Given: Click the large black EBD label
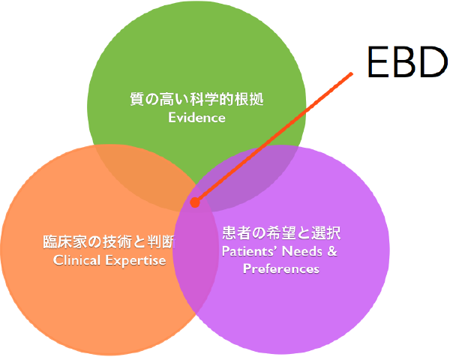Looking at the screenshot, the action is (x=407, y=62).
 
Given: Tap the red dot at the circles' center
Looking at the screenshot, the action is (x=195, y=202).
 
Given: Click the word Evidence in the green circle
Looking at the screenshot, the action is (x=196, y=118).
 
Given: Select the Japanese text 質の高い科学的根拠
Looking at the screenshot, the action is (x=196, y=99).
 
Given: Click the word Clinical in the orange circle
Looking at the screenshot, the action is (x=76, y=260).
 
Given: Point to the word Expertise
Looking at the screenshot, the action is (x=136, y=261).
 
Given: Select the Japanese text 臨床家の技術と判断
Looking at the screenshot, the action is (x=109, y=241).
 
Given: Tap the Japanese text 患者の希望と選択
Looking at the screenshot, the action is (x=281, y=232).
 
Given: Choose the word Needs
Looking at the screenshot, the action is (x=302, y=251).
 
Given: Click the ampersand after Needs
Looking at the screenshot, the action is (x=332, y=251).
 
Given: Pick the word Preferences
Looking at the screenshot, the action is (x=281, y=269).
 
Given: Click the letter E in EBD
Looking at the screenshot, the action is (x=377, y=62).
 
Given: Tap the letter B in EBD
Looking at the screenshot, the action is (x=404, y=62).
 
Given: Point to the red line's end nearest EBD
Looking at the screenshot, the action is (x=352, y=73).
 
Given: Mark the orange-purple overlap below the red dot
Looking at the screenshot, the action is (x=196, y=258).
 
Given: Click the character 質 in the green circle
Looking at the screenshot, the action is (x=137, y=99).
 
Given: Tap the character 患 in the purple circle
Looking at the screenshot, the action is (x=229, y=232).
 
